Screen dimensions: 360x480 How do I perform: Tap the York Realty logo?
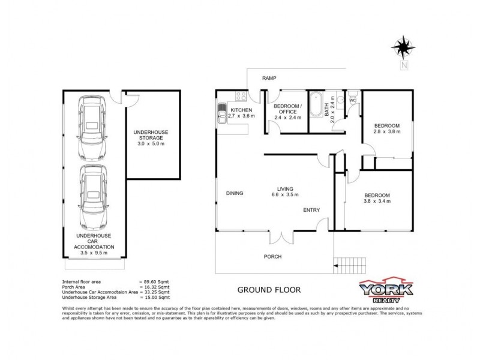coord(386,290)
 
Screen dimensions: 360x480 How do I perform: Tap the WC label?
coord(353,100)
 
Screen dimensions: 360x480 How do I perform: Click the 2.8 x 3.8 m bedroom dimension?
coord(386,131)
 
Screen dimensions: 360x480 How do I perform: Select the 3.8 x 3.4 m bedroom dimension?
coord(377,201)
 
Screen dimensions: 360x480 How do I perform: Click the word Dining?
coord(234,193)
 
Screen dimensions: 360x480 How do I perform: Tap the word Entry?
coord(311,209)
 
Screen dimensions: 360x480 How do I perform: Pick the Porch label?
coord(273,256)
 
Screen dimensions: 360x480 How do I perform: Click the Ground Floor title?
coord(269,289)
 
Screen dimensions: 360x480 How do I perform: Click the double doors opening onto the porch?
coord(282,237)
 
